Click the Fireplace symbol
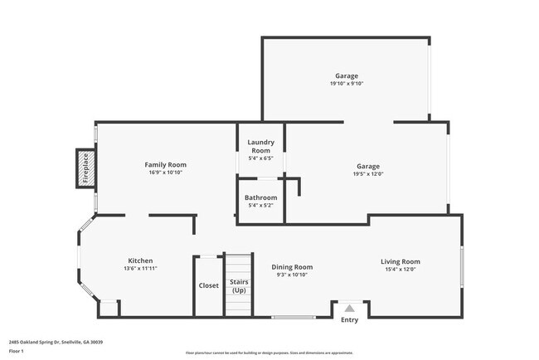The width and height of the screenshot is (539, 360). [85, 168]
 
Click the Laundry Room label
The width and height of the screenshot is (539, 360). [260, 146]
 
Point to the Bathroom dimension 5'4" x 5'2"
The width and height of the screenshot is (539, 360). [260, 206]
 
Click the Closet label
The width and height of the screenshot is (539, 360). [208, 285]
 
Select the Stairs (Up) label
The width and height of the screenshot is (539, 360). [239, 286]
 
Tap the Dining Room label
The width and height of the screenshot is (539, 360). [292, 266]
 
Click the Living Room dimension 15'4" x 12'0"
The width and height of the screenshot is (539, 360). [401, 270]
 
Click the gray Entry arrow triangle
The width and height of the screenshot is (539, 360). [350, 308]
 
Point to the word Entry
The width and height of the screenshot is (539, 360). [350, 320]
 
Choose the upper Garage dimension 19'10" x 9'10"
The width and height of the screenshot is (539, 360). [347, 84]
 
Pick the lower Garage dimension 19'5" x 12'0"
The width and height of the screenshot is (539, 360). [368, 174]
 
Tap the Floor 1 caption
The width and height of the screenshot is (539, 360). [17, 351]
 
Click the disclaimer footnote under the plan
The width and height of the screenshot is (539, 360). [269, 353]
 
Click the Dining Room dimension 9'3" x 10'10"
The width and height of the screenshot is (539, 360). [292, 275]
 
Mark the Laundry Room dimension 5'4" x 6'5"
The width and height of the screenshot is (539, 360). [260, 158]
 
